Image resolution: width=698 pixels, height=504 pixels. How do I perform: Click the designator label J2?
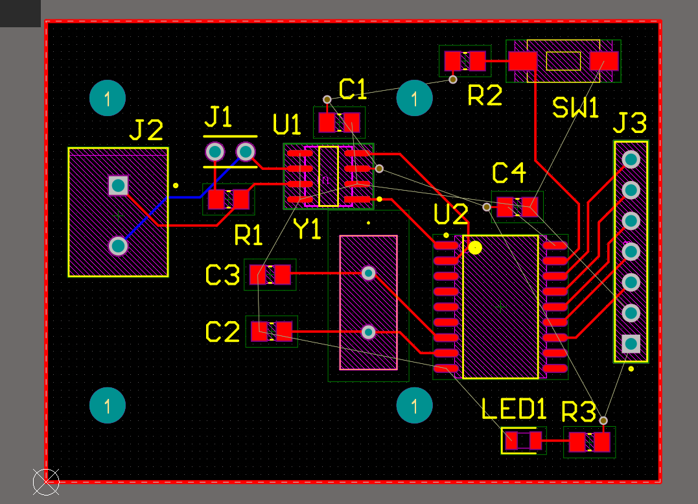click(146, 130)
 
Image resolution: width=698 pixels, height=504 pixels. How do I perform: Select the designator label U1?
click(286, 125)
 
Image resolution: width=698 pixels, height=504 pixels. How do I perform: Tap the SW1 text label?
click(575, 108)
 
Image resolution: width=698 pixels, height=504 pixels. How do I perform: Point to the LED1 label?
click(514, 409)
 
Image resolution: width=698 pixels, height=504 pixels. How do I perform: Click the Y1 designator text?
click(308, 229)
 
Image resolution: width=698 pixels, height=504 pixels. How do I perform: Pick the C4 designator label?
click(509, 173)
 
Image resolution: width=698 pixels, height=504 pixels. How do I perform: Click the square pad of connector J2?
click(119, 186)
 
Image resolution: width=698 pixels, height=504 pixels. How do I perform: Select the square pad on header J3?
click(631, 344)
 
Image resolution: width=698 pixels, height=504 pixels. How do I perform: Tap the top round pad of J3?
click(631, 160)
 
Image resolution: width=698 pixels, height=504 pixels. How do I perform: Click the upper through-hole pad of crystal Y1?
click(369, 272)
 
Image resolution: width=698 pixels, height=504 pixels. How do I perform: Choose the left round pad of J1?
click(215, 152)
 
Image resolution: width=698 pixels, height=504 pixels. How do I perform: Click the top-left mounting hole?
click(108, 98)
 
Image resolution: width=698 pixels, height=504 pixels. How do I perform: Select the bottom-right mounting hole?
click(414, 405)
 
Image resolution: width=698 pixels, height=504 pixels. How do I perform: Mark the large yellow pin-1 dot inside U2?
click(475, 248)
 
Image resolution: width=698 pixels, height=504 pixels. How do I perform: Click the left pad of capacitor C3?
click(258, 274)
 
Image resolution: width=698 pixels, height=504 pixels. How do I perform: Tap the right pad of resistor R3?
click(602, 442)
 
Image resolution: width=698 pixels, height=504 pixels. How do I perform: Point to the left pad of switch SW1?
click(522, 61)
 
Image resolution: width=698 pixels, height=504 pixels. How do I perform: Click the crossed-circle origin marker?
click(46, 482)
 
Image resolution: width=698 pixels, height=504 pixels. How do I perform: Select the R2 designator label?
click(485, 95)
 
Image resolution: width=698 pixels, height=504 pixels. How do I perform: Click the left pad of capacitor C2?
click(259, 331)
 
